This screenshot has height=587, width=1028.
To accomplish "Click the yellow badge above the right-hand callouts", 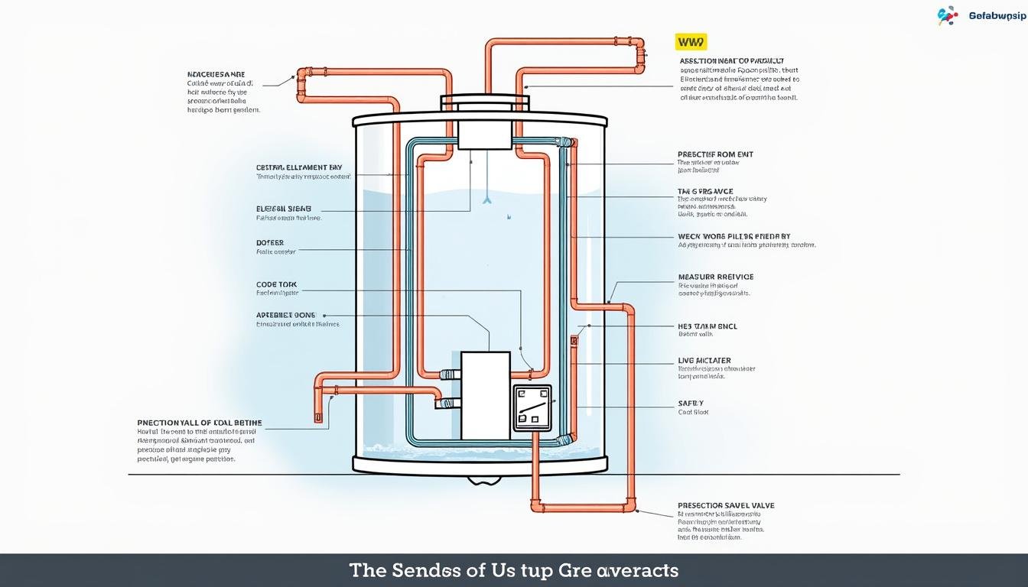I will [x=689, y=43].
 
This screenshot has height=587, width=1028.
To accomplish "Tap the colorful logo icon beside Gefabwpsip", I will [x=947, y=15].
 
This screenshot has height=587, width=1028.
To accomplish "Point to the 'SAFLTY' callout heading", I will [x=691, y=403].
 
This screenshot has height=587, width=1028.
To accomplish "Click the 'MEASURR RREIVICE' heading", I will [x=715, y=277].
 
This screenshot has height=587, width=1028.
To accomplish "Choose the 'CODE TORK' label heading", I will [x=276, y=284].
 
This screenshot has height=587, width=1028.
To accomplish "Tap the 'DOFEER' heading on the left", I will [x=270, y=242].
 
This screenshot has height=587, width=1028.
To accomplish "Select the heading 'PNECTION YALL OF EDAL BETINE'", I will [x=200, y=422].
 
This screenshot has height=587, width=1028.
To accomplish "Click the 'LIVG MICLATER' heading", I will [x=704, y=360].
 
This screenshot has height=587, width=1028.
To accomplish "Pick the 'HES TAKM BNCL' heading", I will [x=708, y=326].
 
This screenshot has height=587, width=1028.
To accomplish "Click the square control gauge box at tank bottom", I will [x=532, y=407].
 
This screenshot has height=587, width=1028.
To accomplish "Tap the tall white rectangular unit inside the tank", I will [x=485, y=395].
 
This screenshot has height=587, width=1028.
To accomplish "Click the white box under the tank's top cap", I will [x=483, y=135].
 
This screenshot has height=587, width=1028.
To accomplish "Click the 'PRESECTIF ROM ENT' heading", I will [x=715, y=154].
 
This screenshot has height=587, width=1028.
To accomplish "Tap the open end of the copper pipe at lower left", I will [x=317, y=418].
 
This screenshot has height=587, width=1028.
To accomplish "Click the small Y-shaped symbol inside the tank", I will [x=485, y=200].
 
